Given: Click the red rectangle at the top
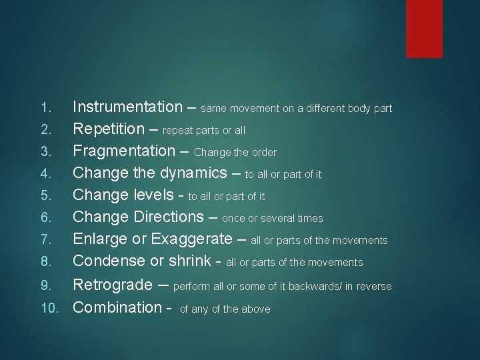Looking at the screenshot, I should coord(424,28).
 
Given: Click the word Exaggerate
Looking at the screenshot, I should coord(190,239).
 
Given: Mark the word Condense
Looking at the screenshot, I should coord(109,261).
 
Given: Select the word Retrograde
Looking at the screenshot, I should coord(113,285).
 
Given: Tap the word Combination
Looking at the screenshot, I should coord(117,308).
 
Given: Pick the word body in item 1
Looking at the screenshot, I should coord(357,108).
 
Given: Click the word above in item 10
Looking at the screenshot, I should coord(256,309).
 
